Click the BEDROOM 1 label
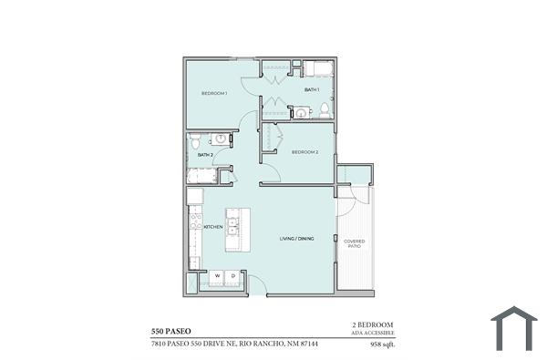(x=213, y=93)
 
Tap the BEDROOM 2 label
(x=304, y=152)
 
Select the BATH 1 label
(x=312, y=89)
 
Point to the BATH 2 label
(x=205, y=155)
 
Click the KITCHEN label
(x=213, y=227)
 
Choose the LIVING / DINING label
(x=296, y=238)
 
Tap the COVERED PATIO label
(x=354, y=243)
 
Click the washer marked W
(x=217, y=275)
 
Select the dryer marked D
(x=232, y=275)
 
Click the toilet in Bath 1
(x=324, y=110)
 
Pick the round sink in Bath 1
(x=302, y=112)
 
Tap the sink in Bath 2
(x=220, y=139)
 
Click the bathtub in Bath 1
(x=318, y=69)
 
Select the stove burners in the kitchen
(x=195, y=221)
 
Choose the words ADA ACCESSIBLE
(x=372, y=334)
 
